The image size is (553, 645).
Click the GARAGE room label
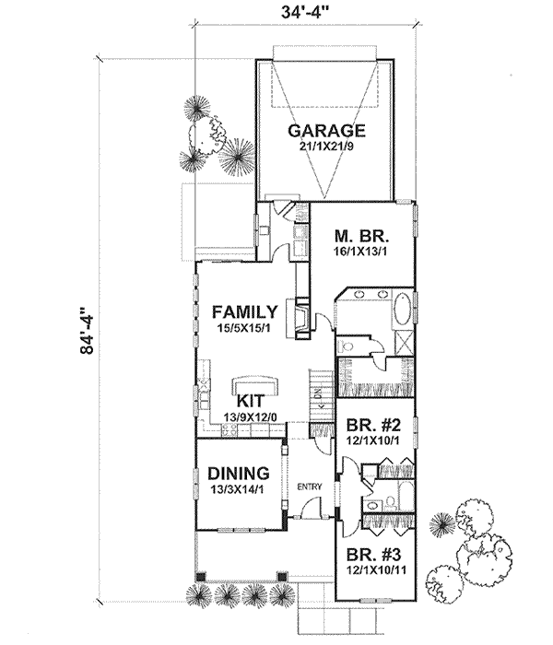[326, 131]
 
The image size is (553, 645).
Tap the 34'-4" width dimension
[306, 11]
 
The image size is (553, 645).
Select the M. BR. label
[361, 237]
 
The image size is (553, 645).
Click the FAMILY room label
[245, 311]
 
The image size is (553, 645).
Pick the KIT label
[250, 401]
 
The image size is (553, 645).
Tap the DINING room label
[239, 473]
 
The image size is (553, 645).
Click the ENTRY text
[310, 487]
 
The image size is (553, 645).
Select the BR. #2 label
[373, 425]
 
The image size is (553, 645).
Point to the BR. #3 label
[373, 555]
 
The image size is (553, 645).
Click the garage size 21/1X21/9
[326, 147]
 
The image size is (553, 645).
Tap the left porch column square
[200, 577]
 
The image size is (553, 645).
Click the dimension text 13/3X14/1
[237, 489]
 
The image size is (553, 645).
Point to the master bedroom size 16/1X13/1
[360, 252]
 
